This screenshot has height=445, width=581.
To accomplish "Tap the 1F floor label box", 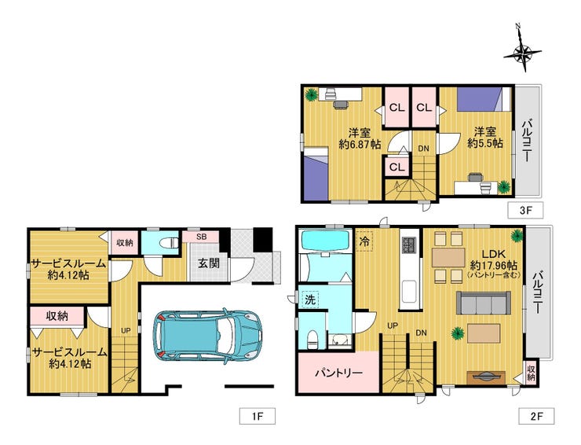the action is (x=258, y=416).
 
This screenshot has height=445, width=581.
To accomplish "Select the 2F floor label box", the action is (x=536, y=416).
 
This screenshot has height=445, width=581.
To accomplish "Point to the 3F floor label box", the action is (x=525, y=211).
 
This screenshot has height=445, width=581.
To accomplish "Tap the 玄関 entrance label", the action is (x=209, y=263).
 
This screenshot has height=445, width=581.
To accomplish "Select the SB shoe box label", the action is (x=202, y=237).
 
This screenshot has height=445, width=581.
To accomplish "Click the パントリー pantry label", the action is (x=338, y=373).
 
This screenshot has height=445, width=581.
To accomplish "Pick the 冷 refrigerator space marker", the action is (x=364, y=241).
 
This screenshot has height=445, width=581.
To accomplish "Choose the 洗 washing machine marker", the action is (x=310, y=300).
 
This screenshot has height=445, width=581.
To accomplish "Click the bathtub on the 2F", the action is (x=325, y=241).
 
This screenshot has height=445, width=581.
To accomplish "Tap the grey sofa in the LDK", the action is (x=484, y=303).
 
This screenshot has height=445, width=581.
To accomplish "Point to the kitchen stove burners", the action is (x=409, y=244).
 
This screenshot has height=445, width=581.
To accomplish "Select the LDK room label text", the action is (x=494, y=254).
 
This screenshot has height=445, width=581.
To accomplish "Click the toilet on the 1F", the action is (x=169, y=243).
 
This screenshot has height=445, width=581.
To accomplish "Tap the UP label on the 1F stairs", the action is (x=126, y=330).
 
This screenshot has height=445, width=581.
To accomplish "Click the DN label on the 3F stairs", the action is (x=423, y=149).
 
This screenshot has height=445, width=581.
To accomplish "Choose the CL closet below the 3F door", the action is (x=396, y=167).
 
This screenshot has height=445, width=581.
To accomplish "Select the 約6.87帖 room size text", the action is (x=360, y=145).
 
